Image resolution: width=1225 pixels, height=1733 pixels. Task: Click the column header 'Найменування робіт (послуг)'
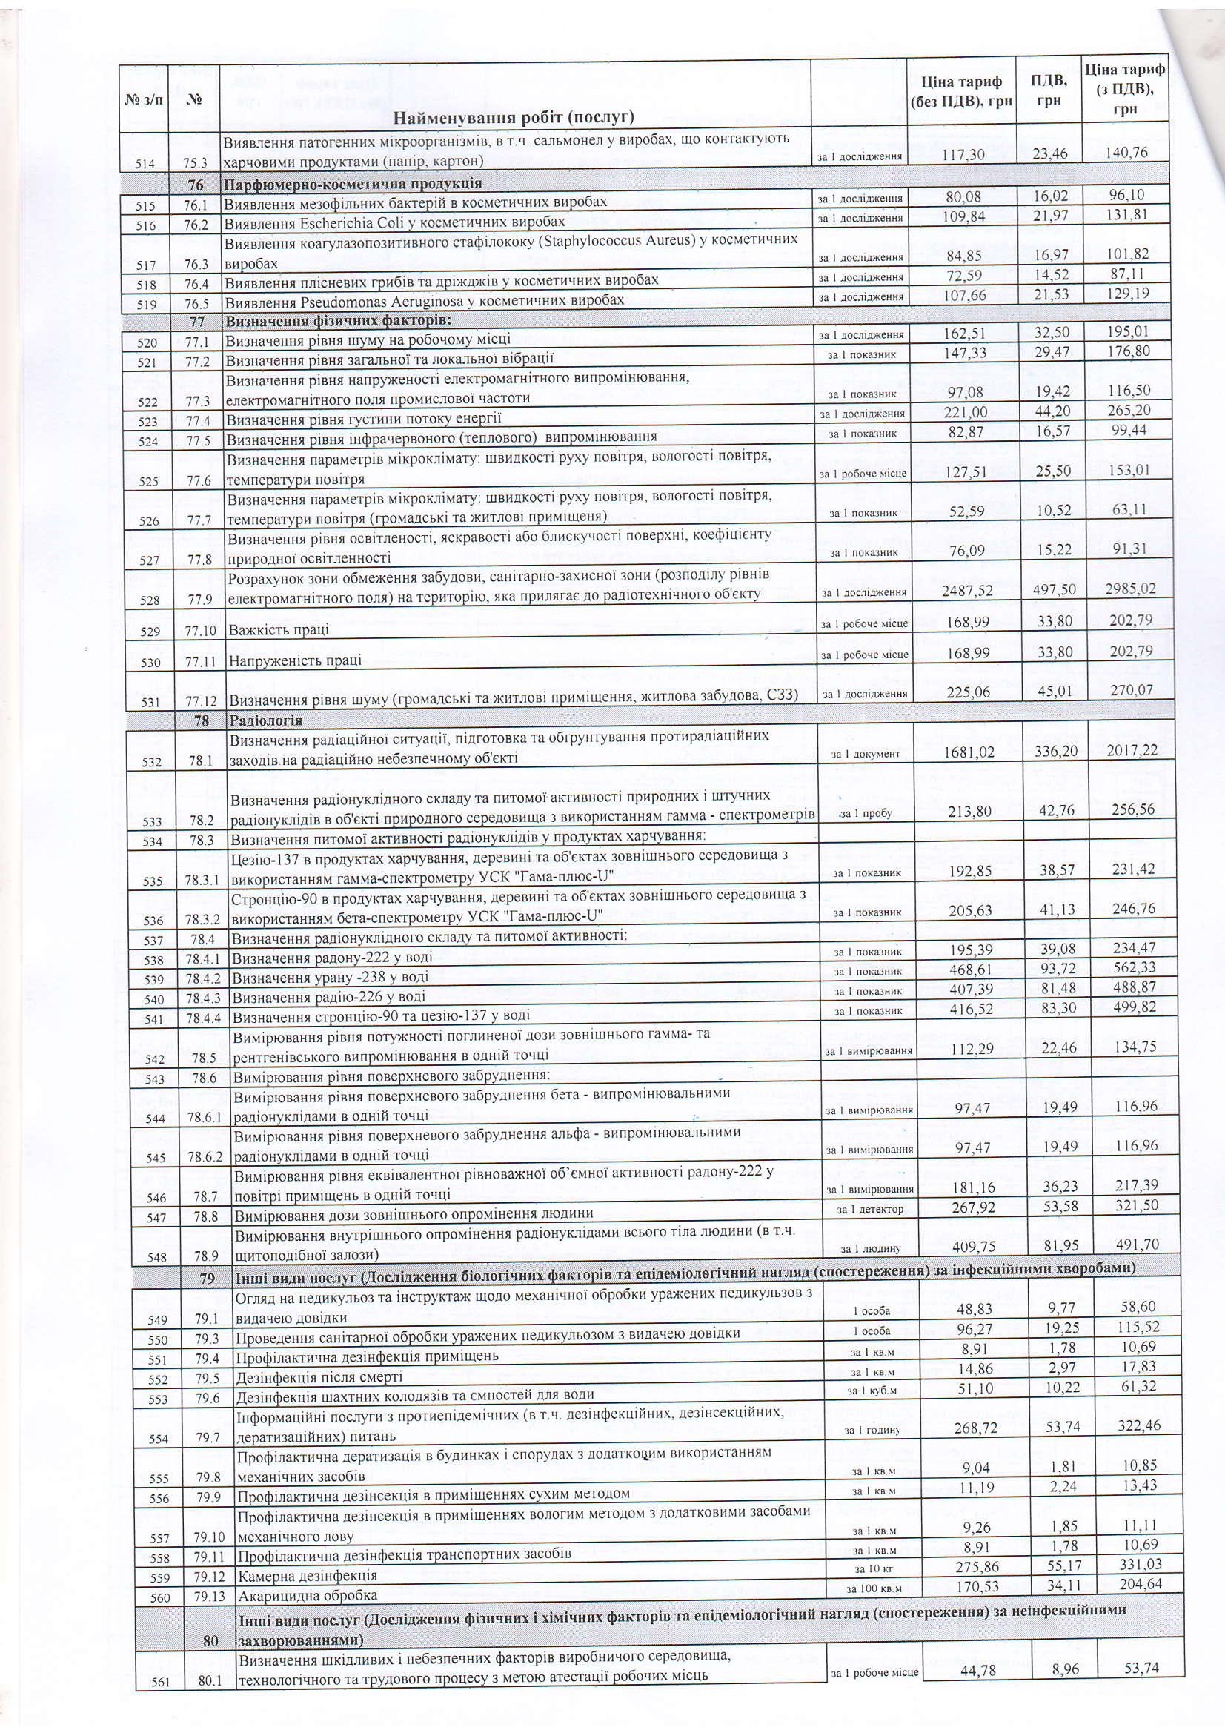[514, 116]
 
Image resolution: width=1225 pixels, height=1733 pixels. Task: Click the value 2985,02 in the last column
[1127, 589]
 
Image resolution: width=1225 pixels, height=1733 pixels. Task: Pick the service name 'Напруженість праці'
[295, 660]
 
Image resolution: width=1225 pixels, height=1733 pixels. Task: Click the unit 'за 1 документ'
[865, 754]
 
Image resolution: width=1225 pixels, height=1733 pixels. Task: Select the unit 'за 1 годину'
[872, 1431]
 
